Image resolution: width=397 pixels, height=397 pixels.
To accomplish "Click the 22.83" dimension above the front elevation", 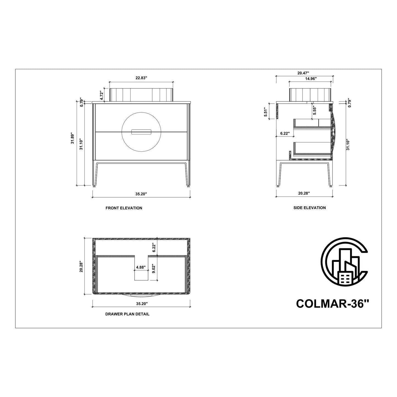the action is (x=141, y=78).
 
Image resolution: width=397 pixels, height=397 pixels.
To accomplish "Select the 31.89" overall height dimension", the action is (x=73, y=138).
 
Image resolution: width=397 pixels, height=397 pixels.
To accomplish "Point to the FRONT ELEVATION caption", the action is (x=124, y=208).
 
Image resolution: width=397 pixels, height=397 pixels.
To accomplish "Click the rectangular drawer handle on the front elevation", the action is (x=141, y=132).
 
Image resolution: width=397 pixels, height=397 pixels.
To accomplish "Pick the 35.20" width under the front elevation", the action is (x=141, y=194).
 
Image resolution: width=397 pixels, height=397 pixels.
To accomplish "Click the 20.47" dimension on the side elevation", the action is (x=303, y=73).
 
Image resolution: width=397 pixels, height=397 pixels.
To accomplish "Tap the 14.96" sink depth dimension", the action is (x=311, y=79).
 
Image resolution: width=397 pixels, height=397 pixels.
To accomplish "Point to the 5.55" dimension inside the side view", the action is (x=315, y=110).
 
